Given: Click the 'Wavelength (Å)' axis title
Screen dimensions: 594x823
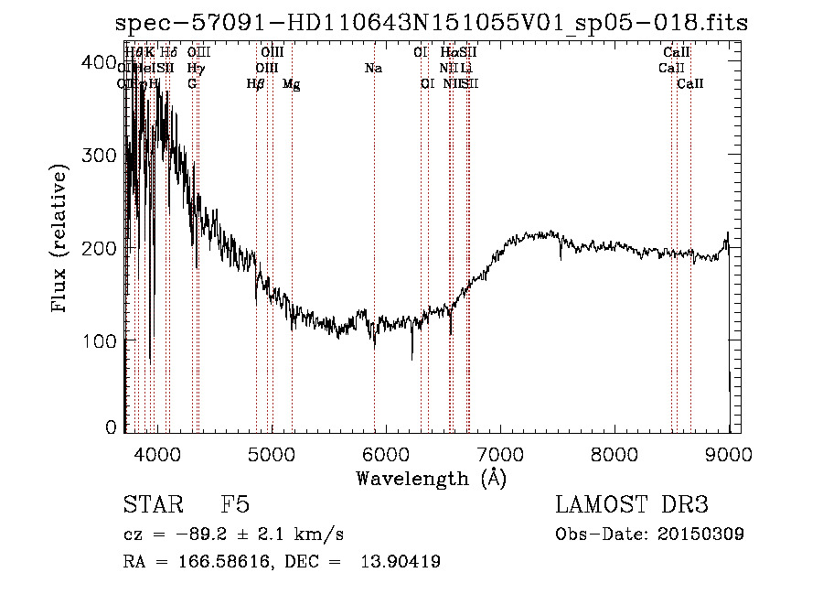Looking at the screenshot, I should coord(431,478).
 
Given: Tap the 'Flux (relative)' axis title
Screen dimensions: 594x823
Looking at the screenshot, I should coord(61,240).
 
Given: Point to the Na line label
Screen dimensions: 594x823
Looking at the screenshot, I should coord(373,69).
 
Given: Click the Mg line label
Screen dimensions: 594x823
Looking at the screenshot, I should coord(292,84).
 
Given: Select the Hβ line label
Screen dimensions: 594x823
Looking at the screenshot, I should coord(256,84).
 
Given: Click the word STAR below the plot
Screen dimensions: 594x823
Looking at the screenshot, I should coord(145,505).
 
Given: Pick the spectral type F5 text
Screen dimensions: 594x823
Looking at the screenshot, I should coord(235,505).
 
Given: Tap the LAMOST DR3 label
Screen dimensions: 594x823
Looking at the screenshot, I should coord(632,505).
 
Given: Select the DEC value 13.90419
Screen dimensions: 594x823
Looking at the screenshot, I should coord(401,562).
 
